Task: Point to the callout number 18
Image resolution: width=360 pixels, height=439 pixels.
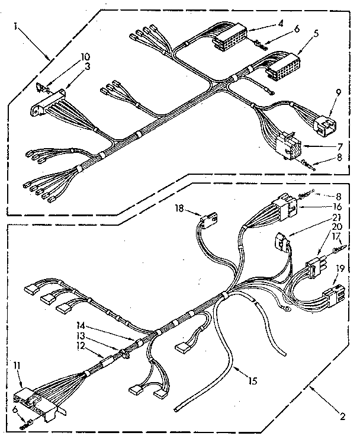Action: click(x=179, y=209)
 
